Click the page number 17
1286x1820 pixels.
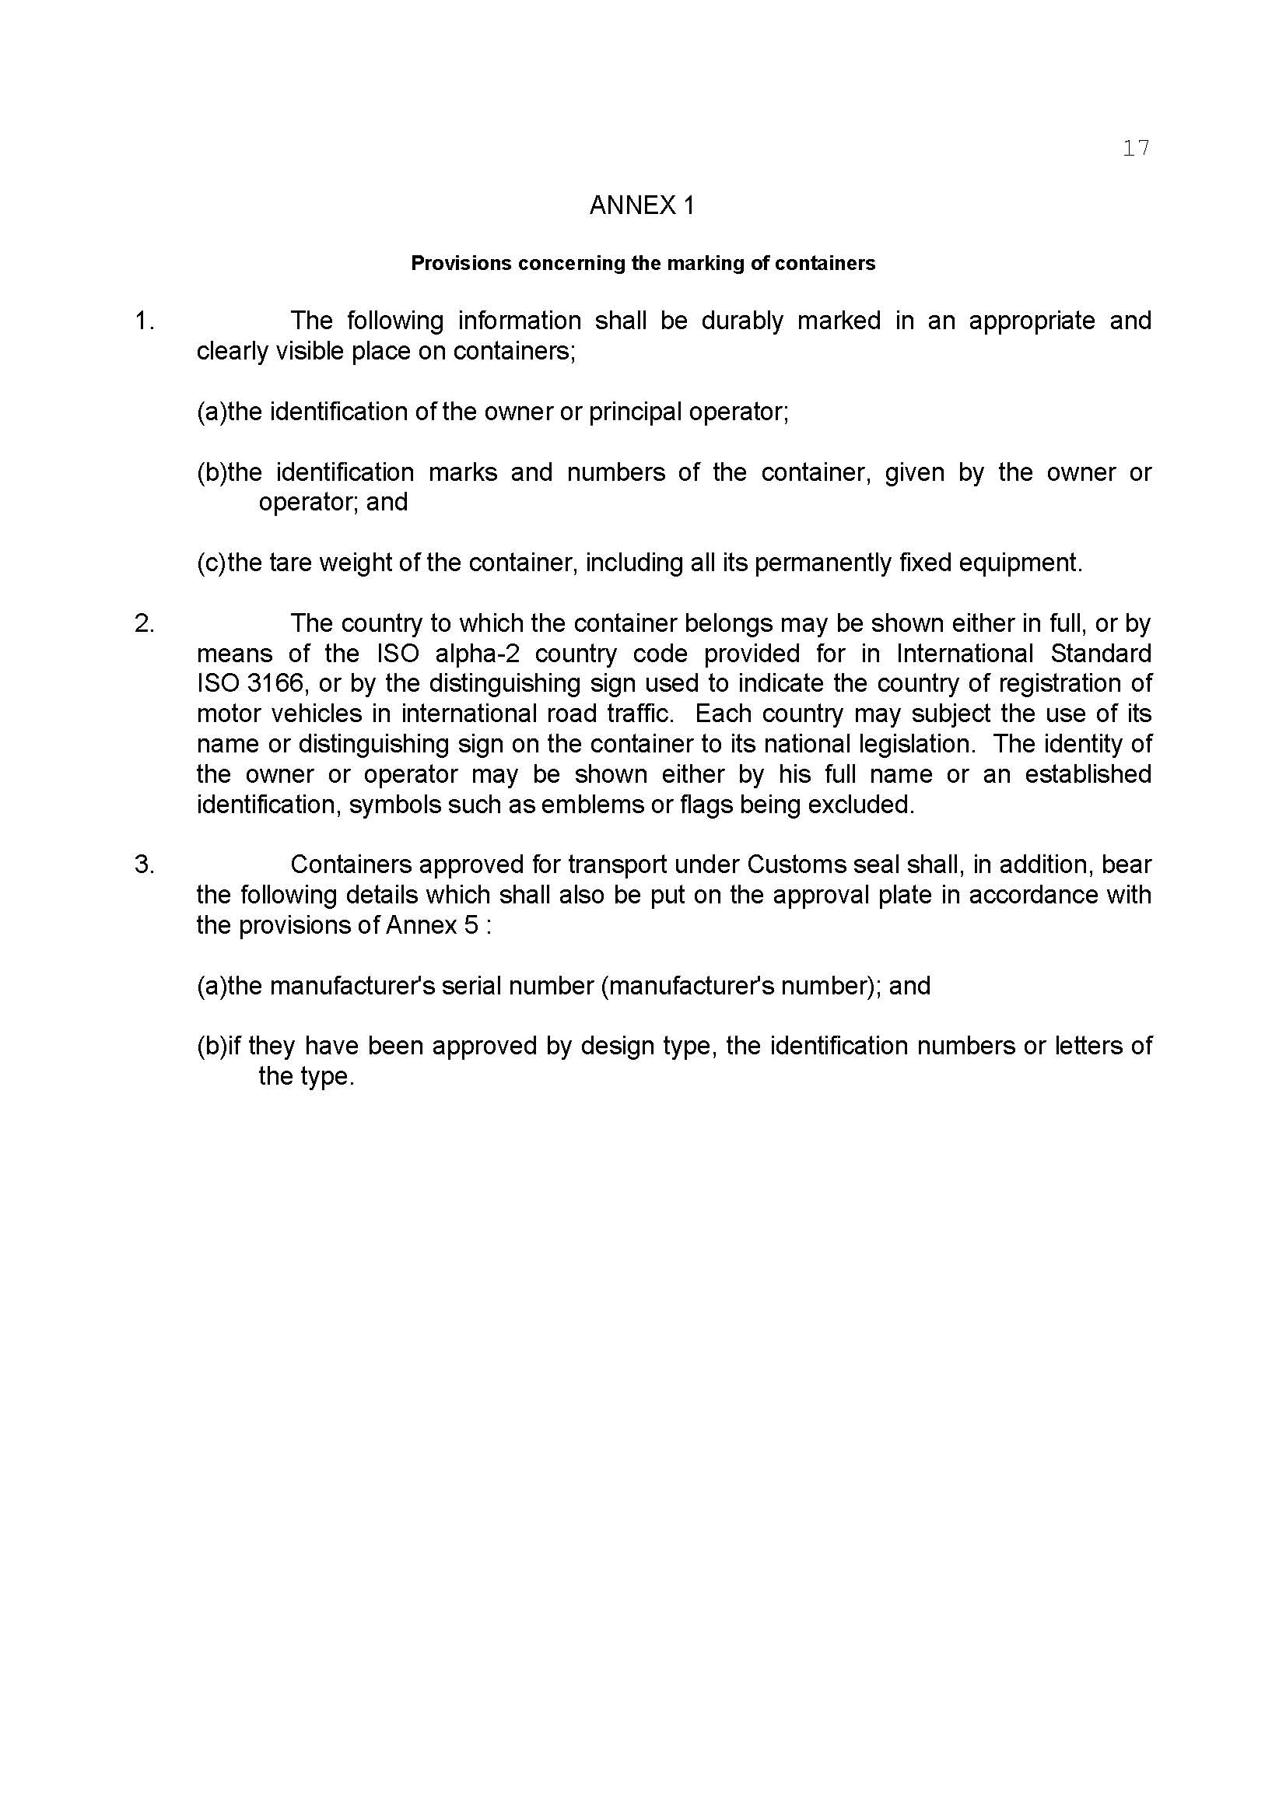pyautogui.click(x=1135, y=149)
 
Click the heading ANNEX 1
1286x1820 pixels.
pyautogui.click(x=642, y=206)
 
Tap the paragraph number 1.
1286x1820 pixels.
pyautogui.click(x=143, y=321)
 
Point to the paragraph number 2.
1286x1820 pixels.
pyautogui.click(x=144, y=624)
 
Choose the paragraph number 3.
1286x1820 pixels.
pyautogui.click(x=144, y=864)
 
